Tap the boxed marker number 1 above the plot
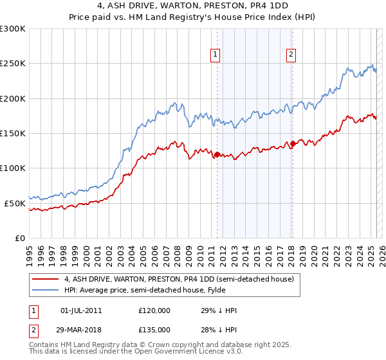(x=214, y=55)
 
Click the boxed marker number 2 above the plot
(x=291, y=55)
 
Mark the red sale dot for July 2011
(x=217, y=154)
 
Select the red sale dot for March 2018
(x=293, y=143)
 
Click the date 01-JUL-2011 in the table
(x=81, y=310)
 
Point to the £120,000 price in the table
(x=154, y=310)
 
